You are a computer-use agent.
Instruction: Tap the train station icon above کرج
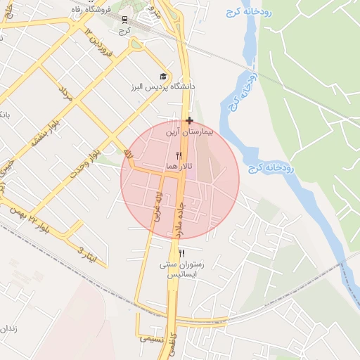tap(124, 20)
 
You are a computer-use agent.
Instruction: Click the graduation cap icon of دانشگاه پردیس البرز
tap(163, 76)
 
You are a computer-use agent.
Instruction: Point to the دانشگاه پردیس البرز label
tap(162, 86)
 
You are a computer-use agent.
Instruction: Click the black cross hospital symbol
tap(189, 121)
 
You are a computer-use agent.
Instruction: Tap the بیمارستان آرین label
tap(188, 131)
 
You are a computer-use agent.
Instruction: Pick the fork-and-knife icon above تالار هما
tap(179, 155)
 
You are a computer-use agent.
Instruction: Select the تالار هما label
tap(176, 166)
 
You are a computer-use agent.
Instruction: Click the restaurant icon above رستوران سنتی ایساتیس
tap(181, 254)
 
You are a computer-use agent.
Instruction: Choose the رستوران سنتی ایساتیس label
tap(183, 270)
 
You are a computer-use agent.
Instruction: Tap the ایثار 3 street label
tap(85, 252)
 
